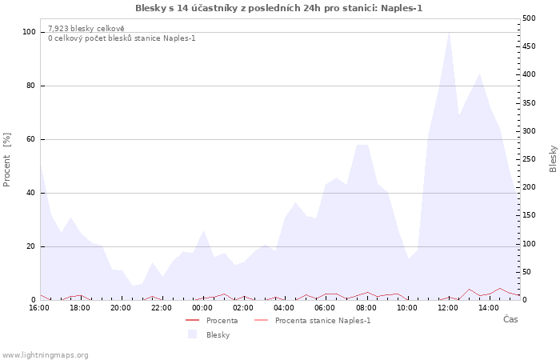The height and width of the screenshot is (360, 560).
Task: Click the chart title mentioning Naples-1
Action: tap(279, 8)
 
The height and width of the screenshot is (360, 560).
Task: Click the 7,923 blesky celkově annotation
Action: tap(86, 29)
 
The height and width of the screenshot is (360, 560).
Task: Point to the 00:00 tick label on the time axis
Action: tap(202, 308)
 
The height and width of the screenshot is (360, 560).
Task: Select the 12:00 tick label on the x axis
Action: tap(448, 308)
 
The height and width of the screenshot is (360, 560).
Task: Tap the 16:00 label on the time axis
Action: tap(39, 308)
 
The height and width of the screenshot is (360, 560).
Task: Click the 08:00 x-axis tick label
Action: tap(366, 308)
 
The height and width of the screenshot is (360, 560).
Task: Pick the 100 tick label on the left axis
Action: tap(29, 32)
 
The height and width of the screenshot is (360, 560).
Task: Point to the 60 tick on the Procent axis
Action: tap(31, 139)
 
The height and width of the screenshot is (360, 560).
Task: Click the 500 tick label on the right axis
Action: tap(529, 18)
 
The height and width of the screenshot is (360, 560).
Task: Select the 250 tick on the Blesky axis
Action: tap(529, 159)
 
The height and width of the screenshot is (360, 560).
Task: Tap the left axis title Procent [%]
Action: tap(6, 160)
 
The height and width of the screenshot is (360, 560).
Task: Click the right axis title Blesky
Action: tap(553, 159)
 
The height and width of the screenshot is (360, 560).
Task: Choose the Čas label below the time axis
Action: tap(510, 319)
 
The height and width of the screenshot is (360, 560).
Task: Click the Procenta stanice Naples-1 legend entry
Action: tap(312, 320)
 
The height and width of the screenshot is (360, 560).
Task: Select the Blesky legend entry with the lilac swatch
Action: tap(209, 334)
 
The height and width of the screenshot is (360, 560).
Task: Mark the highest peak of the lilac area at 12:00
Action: tap(449, 34)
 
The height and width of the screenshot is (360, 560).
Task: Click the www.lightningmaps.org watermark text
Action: tap(45, 355)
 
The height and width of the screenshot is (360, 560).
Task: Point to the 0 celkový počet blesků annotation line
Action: tap(122, 38)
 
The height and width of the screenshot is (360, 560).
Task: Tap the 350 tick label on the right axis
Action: tap(529, 103)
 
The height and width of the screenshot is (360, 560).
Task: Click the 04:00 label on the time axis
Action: tap(284, 308)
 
